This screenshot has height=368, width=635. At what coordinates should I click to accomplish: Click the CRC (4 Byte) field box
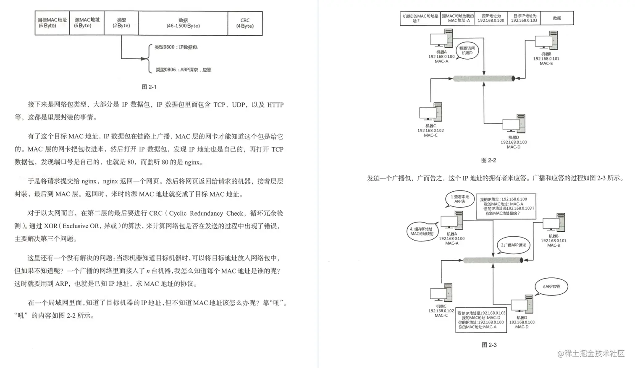(245, 23)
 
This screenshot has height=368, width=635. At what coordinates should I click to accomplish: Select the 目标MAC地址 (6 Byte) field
(52, 23)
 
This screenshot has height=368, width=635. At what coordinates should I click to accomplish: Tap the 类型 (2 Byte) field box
(121, 23)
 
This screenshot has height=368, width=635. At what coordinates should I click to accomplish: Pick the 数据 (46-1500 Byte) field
(183, 23)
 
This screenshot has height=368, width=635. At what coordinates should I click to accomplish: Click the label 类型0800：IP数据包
(176, 47)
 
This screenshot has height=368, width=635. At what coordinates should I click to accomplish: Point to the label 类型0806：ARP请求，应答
(183, 70)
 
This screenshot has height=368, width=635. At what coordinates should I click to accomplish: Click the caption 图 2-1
(149, 87)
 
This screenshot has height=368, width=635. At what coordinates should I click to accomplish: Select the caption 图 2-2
(488, 160)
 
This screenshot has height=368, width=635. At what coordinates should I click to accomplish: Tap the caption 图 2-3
(489, 345)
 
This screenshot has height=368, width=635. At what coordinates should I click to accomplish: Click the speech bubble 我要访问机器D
(467, 51)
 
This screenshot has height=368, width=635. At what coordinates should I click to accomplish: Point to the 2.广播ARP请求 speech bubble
(513, 245)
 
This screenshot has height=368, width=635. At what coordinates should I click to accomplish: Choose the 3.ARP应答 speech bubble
(551, 287)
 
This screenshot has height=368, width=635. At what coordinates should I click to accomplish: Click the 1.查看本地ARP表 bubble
(460, 199)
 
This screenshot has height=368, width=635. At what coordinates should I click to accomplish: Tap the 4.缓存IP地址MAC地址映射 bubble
(422, 232)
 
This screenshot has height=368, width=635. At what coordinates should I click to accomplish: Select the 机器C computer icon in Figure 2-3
(441, 293)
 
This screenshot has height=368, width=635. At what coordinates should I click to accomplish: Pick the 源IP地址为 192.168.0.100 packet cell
(491, 18)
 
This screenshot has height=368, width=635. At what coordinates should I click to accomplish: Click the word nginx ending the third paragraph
(192, 162)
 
